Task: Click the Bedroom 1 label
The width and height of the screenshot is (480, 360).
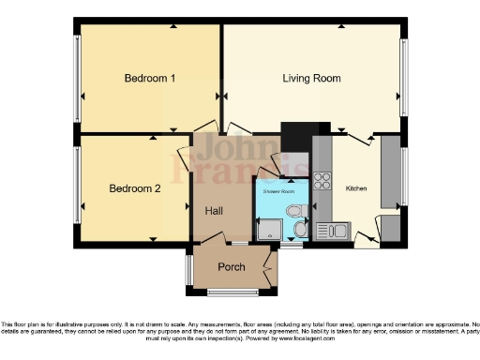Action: click(150, 78)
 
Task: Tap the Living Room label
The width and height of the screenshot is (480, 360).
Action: click(311, 78)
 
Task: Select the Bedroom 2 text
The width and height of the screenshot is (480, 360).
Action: click(135, 188)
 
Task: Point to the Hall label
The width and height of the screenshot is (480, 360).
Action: click(214, 211)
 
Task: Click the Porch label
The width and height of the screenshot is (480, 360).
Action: click(231, 267)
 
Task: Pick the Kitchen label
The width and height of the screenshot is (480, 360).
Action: click(356, 188)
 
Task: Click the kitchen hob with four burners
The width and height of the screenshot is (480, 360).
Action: click(324, 178)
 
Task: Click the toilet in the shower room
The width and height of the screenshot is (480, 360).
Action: click(297, 211)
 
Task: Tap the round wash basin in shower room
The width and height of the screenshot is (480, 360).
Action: click(300, 229)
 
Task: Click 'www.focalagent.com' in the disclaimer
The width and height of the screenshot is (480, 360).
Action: click(408, 337)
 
